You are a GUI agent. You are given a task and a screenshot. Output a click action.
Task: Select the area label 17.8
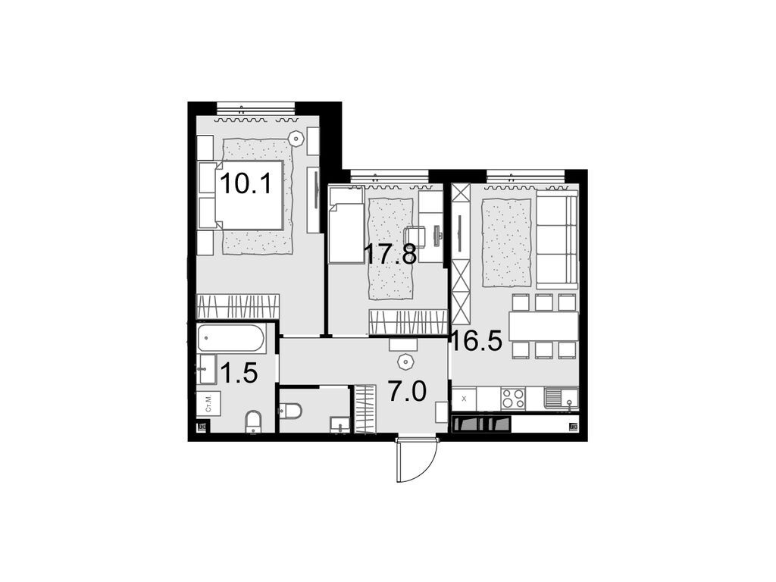(x=390, y=255)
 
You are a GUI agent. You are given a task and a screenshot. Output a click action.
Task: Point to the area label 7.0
(x=407, y=391)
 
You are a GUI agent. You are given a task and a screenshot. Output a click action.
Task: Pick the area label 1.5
(x=239, y=372)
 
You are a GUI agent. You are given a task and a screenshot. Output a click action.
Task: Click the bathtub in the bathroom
(x=231, y=339)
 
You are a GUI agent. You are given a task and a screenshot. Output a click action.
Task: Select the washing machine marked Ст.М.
(x=208, y=403)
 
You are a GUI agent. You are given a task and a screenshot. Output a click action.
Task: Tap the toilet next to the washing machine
(x=254, y=421)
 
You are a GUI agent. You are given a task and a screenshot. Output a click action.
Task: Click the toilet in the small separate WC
(x=290, y=411)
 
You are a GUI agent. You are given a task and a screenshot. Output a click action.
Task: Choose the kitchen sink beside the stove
(x=560, y=397)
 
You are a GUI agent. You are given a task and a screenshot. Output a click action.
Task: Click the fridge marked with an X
(x=464, y=398)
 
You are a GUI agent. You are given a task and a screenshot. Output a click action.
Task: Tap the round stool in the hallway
(x=404, y=359)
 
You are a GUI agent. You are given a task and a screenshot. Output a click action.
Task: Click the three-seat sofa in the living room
(x=557, y=238)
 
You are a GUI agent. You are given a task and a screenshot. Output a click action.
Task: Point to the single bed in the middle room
(x=347, y=225)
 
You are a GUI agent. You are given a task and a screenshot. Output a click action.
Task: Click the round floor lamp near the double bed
(x=296, y=138)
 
